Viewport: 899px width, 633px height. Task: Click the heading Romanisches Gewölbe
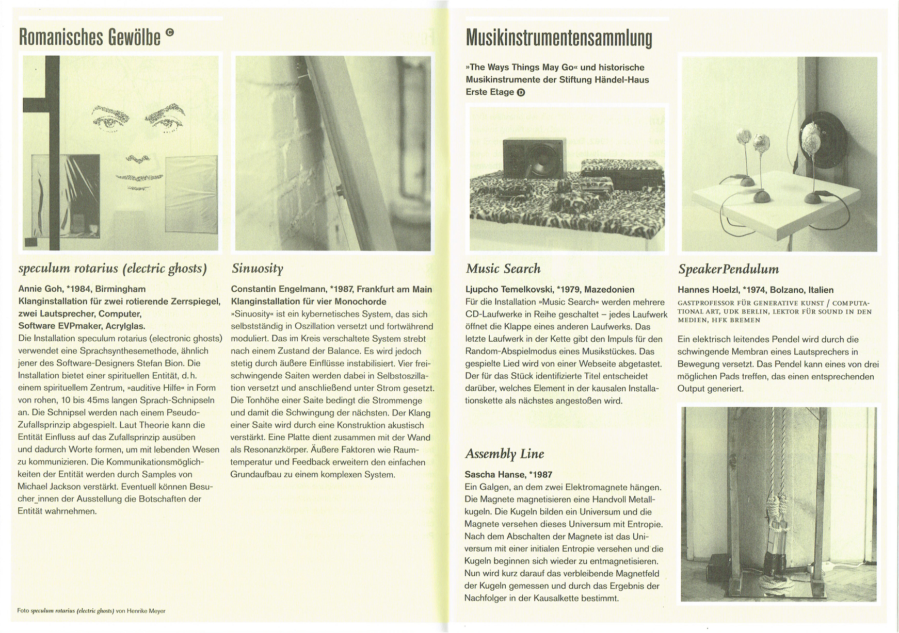pos(89,37)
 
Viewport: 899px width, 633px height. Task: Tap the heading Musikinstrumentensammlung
pos(558,38)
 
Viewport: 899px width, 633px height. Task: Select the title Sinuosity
pos(257,269)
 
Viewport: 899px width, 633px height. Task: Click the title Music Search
pos(503,269)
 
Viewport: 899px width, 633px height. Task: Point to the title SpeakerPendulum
pos(728,269)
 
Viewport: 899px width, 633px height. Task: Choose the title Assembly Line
pos(504,454)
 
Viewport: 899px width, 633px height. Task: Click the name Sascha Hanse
pos(494,475)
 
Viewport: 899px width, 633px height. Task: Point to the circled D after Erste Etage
pos(521,93)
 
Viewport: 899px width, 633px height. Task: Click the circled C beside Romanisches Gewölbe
pos(170,33)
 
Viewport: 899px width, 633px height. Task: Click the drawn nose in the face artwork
pos(137,158)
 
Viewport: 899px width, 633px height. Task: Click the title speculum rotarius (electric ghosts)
pos(113,269)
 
